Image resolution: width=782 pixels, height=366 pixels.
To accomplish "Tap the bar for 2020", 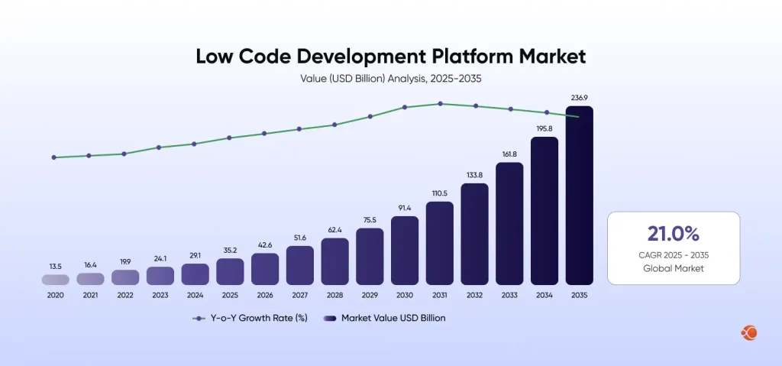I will tap(56, 280).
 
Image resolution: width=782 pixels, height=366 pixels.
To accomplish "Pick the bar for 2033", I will tap(509, 224).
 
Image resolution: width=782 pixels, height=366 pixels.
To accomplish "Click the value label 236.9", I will tap(579, 97).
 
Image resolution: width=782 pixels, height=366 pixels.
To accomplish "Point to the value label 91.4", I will tap(405, 207).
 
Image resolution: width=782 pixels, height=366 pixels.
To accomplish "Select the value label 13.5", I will tap(56, 266).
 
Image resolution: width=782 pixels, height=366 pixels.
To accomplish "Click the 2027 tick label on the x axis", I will tap(300, 295).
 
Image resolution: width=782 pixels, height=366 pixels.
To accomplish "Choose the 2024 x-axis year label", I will tap(195, 295).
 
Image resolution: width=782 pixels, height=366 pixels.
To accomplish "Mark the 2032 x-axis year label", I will tap(474, 295).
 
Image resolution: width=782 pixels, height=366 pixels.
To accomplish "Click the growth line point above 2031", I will tap(440, 104).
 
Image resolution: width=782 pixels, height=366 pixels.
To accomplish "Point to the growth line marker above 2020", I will tap(54, 157).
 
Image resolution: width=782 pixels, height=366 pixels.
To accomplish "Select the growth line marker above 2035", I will tap(579, 117).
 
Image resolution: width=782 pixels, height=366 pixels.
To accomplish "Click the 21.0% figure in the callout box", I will tap(674, 234).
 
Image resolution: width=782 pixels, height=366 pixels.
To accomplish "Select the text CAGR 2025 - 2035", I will tap(674, 254).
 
